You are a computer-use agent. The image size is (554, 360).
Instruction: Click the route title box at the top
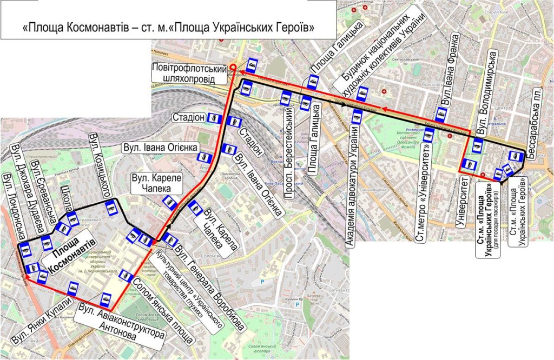(169, 26)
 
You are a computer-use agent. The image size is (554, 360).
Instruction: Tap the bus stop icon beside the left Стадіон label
(215, 117)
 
